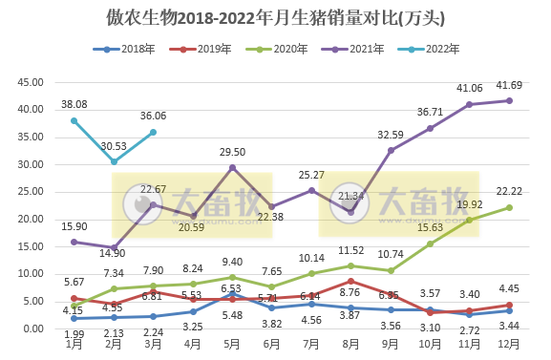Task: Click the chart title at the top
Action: [275, 18]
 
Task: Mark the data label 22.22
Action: [507, 191]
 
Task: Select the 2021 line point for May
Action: [232, 167]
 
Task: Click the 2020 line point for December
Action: [509, 207]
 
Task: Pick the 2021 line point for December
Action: [509, 100]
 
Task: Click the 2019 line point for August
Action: [351, 281]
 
